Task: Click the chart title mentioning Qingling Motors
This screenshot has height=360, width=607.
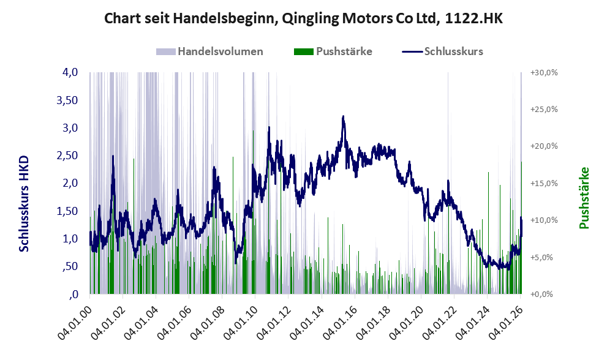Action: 303,18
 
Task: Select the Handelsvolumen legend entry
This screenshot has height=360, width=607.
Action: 211,51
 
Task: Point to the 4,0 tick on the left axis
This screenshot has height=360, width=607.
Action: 70,72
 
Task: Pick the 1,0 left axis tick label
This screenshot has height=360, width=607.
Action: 70,239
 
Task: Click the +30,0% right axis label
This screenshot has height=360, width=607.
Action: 543,72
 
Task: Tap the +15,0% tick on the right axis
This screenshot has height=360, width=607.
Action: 543,183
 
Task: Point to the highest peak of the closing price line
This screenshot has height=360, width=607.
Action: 344,116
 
